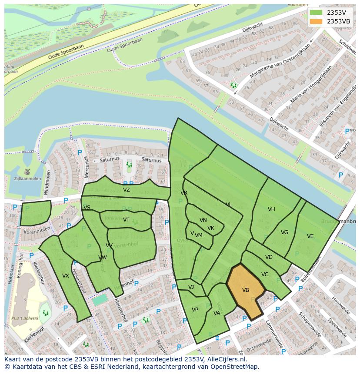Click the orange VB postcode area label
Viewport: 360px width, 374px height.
(245, 290)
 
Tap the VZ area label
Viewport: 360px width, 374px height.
(126, 190)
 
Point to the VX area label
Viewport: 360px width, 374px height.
(66, 276)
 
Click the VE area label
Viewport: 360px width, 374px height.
(310, 236)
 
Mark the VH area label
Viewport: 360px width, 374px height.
(271, 209)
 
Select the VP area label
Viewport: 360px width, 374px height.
(195, 310)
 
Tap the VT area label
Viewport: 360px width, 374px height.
(126, 220)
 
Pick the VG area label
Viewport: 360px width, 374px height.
(284, 232)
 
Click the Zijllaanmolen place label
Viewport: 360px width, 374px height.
(27, 179)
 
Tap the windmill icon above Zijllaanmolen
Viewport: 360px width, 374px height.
(27, 171)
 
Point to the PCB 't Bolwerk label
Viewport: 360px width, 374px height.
(25, 318)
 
